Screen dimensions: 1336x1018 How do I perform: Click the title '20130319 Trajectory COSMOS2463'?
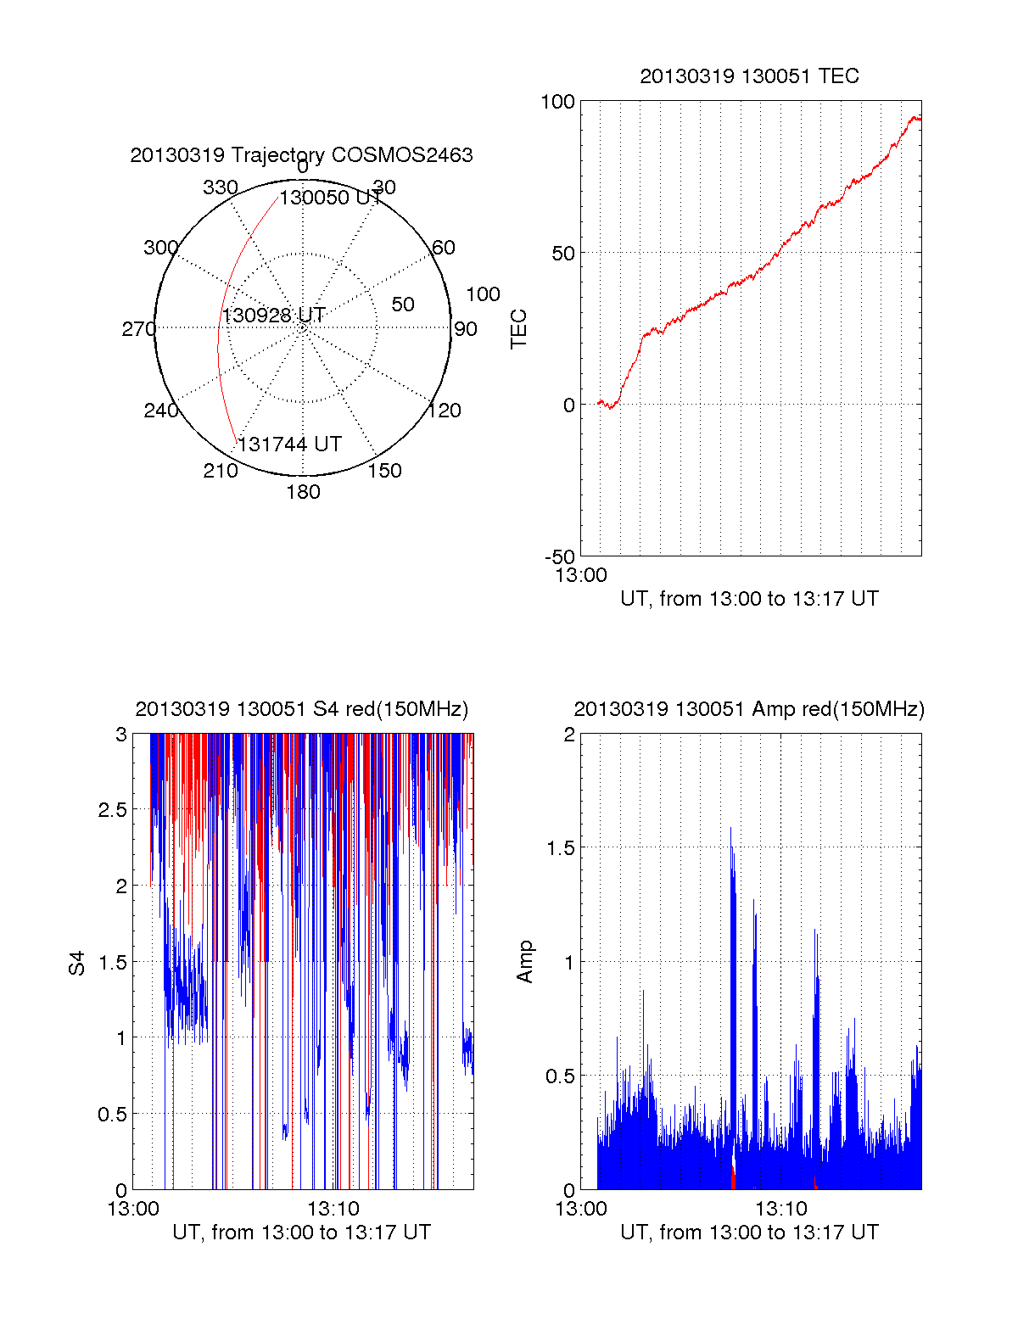click(x=301, y=155)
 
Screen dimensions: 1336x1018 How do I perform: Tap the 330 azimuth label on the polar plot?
click(x=220, y=187)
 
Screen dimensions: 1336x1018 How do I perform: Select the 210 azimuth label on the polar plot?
click(x=220, y=471)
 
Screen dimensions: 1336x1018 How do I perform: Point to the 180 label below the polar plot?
click(x=303, y=492)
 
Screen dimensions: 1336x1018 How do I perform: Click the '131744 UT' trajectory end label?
click(x=289, y=444)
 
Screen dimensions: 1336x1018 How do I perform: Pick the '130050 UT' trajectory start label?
click(x=330, y=198)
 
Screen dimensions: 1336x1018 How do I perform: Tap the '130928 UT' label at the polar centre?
click(x=273, y=316)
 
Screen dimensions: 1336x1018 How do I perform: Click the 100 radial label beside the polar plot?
click(x=483, y=294)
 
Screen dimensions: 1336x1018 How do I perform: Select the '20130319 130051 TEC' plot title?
click(x=749, y=76)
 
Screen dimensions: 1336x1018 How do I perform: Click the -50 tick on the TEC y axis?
click(x=560, y=557)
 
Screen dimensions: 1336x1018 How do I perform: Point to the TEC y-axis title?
click(x=518, y=329)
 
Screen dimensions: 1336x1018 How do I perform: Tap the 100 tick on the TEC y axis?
click(x=557, y=102)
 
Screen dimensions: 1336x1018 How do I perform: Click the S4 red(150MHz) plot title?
click(x=301, y=709)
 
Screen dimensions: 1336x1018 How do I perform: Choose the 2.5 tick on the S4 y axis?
click(x=112, y=810)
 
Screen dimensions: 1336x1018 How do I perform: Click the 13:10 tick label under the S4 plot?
click(x=333, y=1209)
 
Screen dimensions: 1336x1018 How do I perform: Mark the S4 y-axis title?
click(x=77, y=963)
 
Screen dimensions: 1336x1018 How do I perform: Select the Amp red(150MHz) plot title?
click(x=749, y=709)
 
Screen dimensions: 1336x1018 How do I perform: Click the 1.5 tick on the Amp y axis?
click(x=559, y=848)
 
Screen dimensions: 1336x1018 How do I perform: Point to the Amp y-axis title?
click(x=525, y=962)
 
